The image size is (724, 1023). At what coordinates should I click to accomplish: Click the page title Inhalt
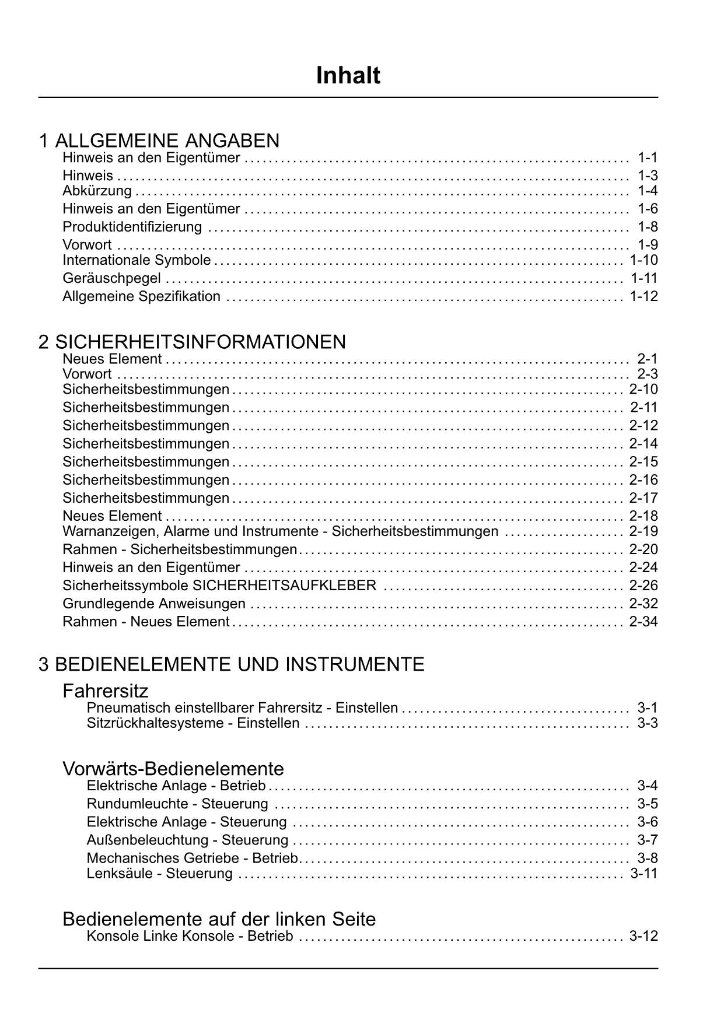pyautogui.click(x=348, y=76)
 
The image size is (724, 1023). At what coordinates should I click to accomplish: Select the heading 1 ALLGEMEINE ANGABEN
pyautogui.click(x=159, y=141)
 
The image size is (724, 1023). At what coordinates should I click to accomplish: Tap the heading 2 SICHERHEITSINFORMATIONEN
pyautogui.click(x=193, y=342)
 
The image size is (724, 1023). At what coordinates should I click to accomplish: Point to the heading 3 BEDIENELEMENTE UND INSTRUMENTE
pyautogui.click(x=232, y=664)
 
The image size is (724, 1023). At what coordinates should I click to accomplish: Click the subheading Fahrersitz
pyautogui.click(x=106, y=691)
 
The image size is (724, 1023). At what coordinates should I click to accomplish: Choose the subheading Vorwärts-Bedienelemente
pyautogui.click(x=173, y=769)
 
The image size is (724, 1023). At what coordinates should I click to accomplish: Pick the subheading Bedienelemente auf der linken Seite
pyautogui.click(x=219, y=919)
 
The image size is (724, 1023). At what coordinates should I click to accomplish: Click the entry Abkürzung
pyautogui.click(x=97, y=191)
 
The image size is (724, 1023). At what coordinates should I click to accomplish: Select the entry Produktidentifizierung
pyautogui.click(x=132, y=227)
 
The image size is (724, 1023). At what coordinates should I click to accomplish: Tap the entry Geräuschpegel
pyautogui.click(x=111, y=279)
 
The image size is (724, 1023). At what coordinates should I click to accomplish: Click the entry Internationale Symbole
pyautogui.click(x=137, y=260)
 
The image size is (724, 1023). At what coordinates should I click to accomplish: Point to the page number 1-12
pyautogui.click(x=643, y=296)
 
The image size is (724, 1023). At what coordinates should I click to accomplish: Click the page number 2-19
pyautogui.click(x=643, y=531)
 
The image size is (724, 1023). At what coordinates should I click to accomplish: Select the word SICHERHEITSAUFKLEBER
pyautogui.click(x=285, y=586)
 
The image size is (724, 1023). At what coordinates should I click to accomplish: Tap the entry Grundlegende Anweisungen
pyautogui.click(x=154, y=604)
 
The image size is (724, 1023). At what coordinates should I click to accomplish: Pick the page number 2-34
pyautogui.click(x=643, y=622)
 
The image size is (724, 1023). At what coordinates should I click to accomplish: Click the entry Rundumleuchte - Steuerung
pyautogui.click(x=177, y=804)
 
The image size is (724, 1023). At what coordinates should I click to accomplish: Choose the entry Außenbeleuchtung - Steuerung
pyautogui.click(x=187, y=840)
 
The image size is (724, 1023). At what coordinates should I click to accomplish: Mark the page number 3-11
pyautogui.click(x=644, y=874)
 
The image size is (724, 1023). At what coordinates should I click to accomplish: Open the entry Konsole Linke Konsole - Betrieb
pyautogui.click(x=190, y=937)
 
